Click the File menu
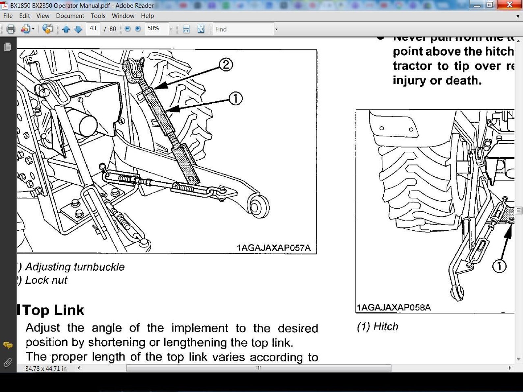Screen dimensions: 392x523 [8, 16]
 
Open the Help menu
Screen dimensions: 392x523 [147, 16]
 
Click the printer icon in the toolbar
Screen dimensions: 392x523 [11, 29]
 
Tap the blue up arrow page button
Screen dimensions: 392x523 [66, 29]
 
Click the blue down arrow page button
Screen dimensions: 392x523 [78, 29]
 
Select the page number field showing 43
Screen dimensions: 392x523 [93, 29]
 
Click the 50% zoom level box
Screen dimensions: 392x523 [156, 29]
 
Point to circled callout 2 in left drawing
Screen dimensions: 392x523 [226, 65]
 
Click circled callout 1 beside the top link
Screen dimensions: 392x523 [235, 98]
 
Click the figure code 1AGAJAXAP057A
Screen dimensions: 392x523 [274, 248]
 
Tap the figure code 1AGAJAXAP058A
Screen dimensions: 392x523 [394, 307]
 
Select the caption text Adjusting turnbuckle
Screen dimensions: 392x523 [75, 267]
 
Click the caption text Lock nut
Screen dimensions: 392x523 [46, 280]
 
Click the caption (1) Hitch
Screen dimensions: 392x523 [378, 327]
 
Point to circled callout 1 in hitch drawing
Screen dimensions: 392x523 [499, 266]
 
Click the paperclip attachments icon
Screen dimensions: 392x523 [8, 362]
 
